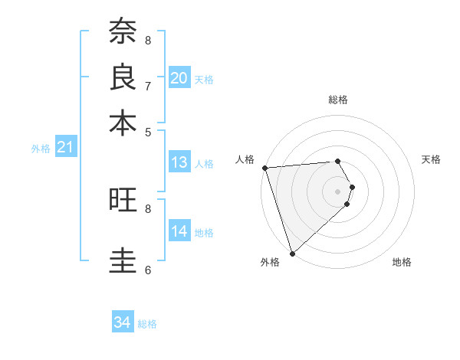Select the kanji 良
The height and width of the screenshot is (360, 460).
click(x=123, y=77)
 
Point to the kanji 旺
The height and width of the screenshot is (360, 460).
click(x=123, y=200)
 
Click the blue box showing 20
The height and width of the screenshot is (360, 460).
click(x=179, y=78)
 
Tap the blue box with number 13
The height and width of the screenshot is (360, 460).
click(x=179, y=162)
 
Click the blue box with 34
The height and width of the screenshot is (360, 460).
click(x=123, y=322)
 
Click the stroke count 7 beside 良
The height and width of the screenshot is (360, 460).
click(x=148, y=86)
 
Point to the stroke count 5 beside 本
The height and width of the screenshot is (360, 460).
click(x=148, y=132)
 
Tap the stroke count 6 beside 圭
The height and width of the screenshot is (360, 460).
click(x=148, y=270)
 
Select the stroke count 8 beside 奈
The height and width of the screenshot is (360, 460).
click(x=148, y=40)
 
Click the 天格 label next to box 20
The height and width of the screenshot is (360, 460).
click(x=204, y=80)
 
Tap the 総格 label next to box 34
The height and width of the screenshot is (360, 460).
click(x=147, y=324)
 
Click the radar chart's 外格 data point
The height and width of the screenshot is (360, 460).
click(x=292, y=253)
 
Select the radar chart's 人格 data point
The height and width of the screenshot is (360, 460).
click(x=264, y=168)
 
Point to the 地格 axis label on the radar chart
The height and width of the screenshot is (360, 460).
click(x=402, y=263)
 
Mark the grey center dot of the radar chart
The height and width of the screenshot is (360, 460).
click(x=338, y=191)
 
